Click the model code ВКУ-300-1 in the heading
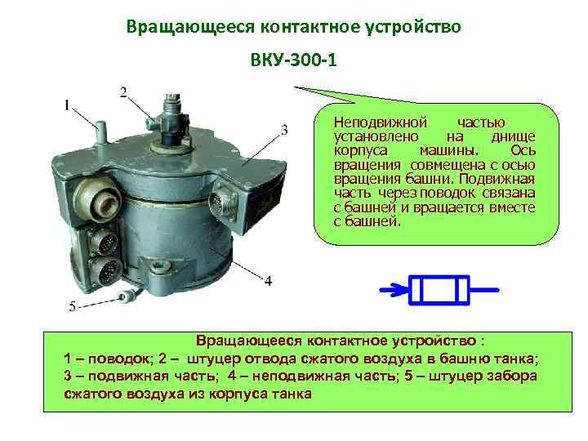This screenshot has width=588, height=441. [x=292, y=61]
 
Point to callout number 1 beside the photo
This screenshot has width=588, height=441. [x=68, y=105]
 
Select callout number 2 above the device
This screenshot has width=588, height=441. [x=123, y=91]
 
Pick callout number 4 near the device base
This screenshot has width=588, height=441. [x=268, y=280]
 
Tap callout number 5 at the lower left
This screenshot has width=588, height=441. [x=71, y=307]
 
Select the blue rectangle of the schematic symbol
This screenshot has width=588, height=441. [x=439, y=289]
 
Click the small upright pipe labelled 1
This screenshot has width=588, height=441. [x=99, y=131]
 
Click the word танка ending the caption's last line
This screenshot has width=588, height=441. [x=292, y=393]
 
